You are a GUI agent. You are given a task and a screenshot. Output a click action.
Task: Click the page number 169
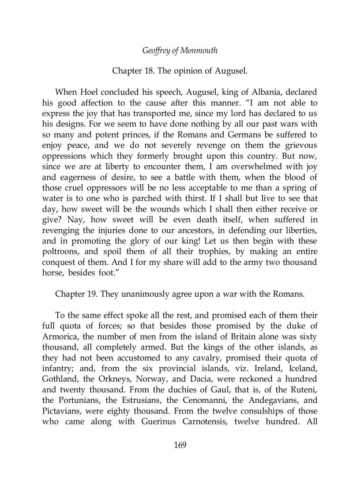tap(180, 445)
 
